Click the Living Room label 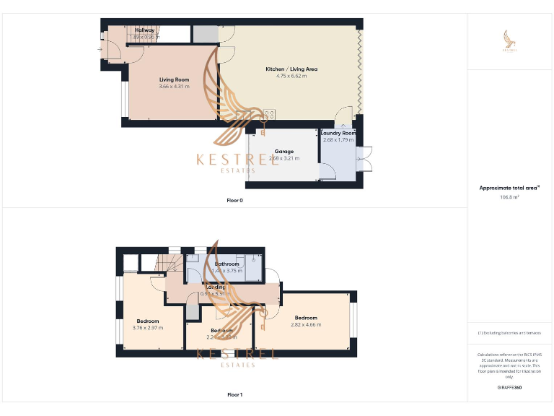(174, 79)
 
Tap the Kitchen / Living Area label (291, 69)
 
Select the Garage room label (283, 152)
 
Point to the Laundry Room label (338, 133)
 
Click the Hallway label (144, 30)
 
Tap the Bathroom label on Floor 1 (227, 264)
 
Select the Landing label (216, 287)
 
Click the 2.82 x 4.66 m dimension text (305, 325)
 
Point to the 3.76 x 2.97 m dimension (148, 328)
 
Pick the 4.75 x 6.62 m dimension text (291, 76)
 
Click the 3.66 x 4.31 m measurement (174, 87)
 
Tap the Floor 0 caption (234, 200)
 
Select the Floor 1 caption (234, 395)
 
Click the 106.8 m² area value (509, 196)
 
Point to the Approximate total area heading (509, 188)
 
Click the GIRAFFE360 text (509, 388)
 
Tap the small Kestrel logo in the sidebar (510, 40)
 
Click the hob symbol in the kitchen (269, 115)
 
